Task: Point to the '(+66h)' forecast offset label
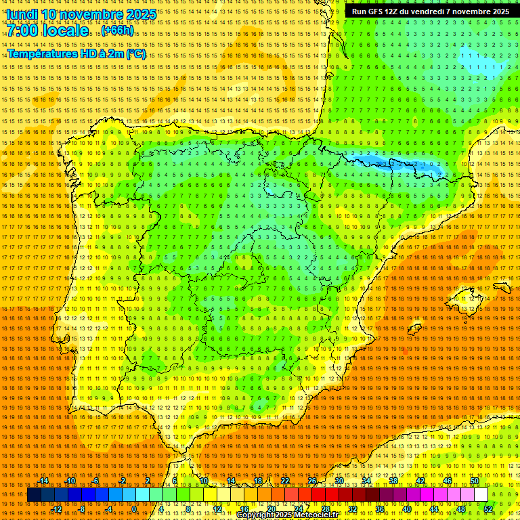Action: [x=118, y=31]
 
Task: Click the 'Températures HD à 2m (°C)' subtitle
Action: [x=77, y=53]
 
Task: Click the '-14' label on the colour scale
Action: [x=43, y=481]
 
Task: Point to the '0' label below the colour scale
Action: [x=135, y=509]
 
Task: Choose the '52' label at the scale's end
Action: [x=488, y=509]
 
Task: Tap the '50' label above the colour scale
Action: [x=475, y=481]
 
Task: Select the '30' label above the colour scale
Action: [x=339, y=481]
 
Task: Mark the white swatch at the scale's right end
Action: [x=481, y=495]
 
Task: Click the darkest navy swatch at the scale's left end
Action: [x=33, y=495]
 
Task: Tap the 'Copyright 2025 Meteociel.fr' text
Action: [x=288, y=515]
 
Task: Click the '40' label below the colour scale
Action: [x=407, y=509]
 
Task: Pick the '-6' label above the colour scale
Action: [x=95, y=481]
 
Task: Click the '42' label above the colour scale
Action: [x=420, y=481]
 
